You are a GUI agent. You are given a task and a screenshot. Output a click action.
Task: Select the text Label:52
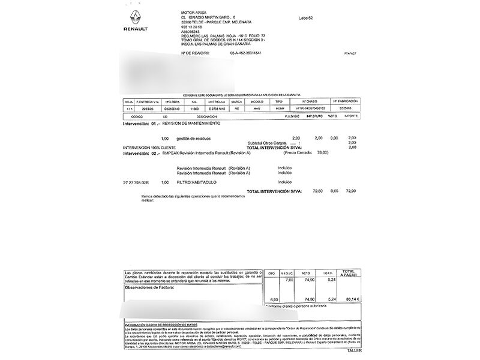(305, 18)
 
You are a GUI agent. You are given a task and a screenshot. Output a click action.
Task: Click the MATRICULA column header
(215, 101)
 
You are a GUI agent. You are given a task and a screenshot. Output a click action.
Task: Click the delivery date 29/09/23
(146, 108)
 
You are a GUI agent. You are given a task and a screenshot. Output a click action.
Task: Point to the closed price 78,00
(322, 153)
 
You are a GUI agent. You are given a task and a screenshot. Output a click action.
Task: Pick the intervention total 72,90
(352, 191)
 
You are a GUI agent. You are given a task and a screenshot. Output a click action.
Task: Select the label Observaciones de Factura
(149, 288)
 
